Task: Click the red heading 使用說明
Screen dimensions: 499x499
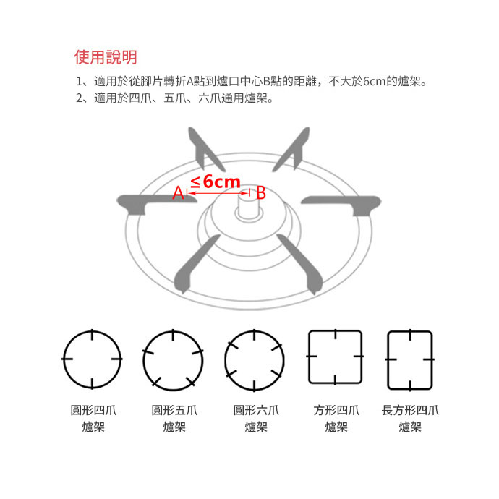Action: coord(106,57)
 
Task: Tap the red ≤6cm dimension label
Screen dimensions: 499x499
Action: coord(216,182)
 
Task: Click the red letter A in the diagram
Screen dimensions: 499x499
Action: coord(177,193)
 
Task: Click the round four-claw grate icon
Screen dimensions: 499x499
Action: coord(93,359)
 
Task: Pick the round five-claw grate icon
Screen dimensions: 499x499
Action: coord(174,359)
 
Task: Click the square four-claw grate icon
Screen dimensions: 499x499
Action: coord(336,357)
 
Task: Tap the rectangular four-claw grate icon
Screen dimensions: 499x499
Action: coord(409,357)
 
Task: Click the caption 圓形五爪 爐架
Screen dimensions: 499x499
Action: coord(174,419)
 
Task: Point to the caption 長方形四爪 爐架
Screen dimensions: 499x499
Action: coord(410,419)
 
